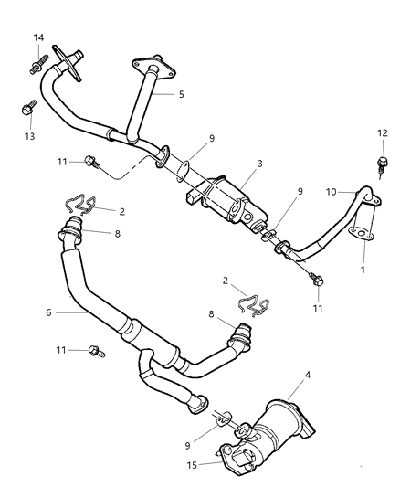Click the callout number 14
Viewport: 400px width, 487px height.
click(x=39, y=37)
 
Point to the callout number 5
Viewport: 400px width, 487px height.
click(x=181, y=93)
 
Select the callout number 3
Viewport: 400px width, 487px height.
click(x=259, y=164)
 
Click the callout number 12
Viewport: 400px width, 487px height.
click(x=381, y=133)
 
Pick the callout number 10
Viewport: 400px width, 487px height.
click(x=333, y=192)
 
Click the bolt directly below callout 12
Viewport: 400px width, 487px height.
click(x=381, y=166)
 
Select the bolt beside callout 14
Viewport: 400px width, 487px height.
click(x=38, y=65)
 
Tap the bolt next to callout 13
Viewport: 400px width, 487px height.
click(x=26, y=109)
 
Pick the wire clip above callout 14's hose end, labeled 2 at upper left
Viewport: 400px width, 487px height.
click(x=82, y=209)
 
